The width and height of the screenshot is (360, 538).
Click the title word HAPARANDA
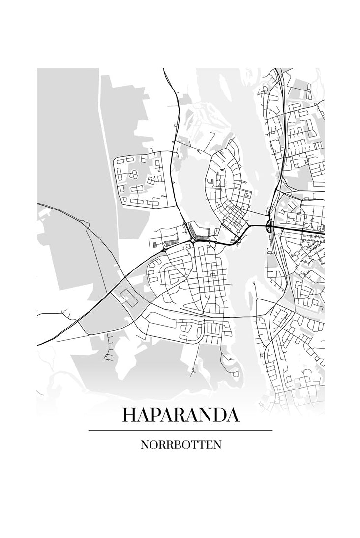[x=180, y=415]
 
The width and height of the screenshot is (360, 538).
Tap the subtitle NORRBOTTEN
[x=180, y=445]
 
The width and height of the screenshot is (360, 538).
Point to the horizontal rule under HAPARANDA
[x=180, y=430]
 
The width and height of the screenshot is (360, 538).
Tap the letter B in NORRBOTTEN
[x=181, y=445]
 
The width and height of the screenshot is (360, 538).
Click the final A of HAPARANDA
[x=233, y=415]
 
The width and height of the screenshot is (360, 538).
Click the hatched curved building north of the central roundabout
[x=197, y=230]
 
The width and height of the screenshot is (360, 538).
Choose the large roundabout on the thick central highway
[x=195, y=241]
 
